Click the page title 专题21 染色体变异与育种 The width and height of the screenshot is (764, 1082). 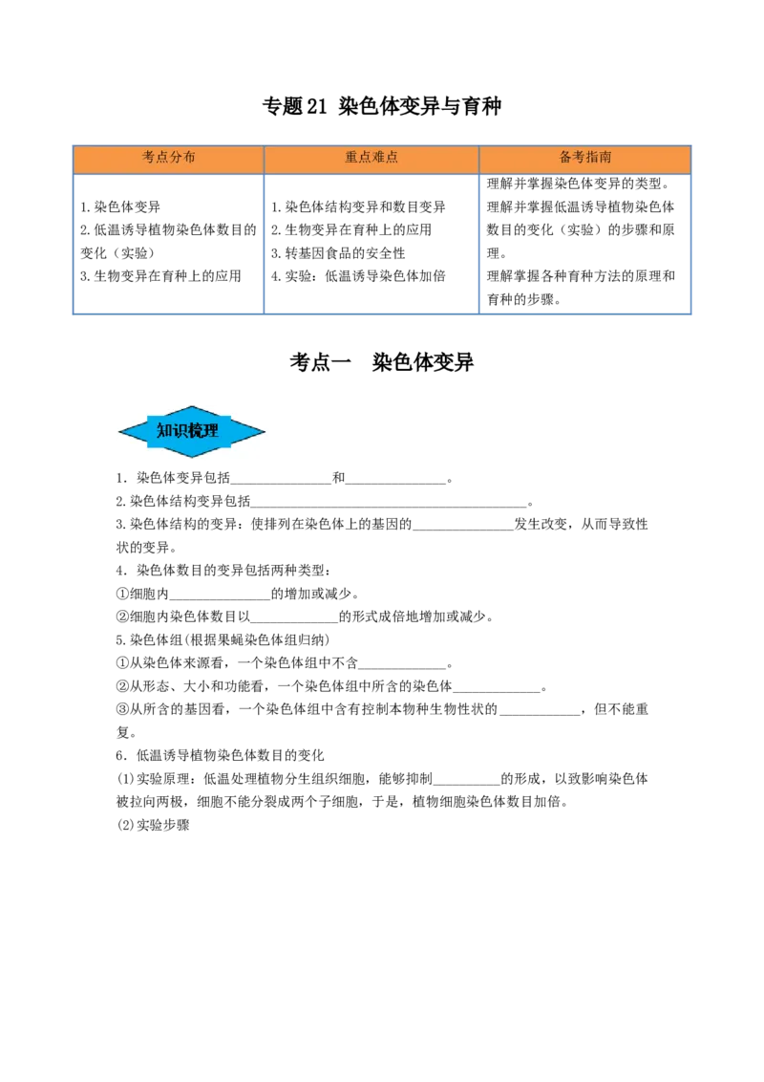pos(381,106)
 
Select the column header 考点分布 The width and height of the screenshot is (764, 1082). pos(168,158)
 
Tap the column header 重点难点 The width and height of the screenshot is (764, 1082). pos(371,158)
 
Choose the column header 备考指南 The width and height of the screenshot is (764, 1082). pos(584,158)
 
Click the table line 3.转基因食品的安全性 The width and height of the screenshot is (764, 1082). pos(338,253)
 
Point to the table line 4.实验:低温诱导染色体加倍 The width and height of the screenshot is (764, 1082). pos(358,276)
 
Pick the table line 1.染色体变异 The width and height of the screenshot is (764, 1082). pos(120,207)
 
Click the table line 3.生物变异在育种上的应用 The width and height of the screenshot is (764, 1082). pos(160,276)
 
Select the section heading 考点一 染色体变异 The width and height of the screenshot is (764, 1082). pos(381,362)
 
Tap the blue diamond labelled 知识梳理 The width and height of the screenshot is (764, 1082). pos(192,431)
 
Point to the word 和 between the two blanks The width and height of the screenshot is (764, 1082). pos(339,478)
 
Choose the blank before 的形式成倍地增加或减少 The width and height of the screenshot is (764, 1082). pos(294,621)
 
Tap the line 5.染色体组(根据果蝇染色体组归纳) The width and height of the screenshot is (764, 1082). pos(223,639)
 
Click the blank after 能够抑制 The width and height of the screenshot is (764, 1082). pos(467,783)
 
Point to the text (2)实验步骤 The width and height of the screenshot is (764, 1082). pos(153,825)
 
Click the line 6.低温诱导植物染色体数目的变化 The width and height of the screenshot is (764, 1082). pos(220,755)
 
